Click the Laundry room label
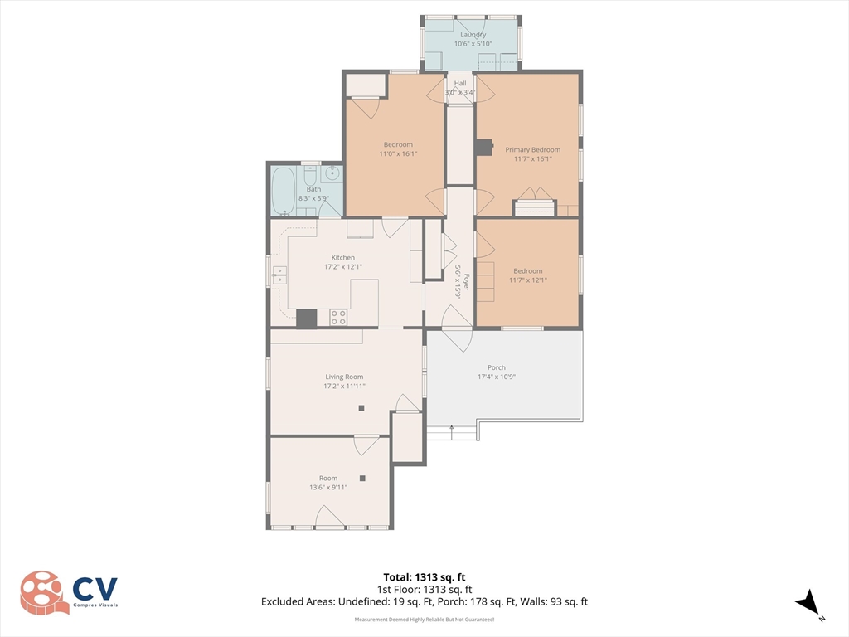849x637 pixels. click(x=473, y=35)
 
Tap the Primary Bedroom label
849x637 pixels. click(x=533, y=149)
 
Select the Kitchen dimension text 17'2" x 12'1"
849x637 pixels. click(x=342, y=266)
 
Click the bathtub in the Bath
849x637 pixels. click(x=284, y=191)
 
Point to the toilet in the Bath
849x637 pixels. click(x=310, y=176)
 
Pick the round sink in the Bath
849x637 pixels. click(x=332, y=174)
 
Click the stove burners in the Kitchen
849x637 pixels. click(x=338, y=318)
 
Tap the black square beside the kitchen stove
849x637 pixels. click(x=307, y=318)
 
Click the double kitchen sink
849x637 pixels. click(x=279, y=275)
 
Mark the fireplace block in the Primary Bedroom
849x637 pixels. click(x=484, y=148)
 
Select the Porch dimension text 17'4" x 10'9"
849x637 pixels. click(x=497, y=377)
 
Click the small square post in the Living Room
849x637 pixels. click(x=361, y=408)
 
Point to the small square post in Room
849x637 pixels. click(x=362, y=479)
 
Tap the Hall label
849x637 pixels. click(x=460, y=83)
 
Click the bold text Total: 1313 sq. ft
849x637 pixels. click(x=424, y=577)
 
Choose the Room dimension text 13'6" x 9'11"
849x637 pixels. click(x=328, y=488)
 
